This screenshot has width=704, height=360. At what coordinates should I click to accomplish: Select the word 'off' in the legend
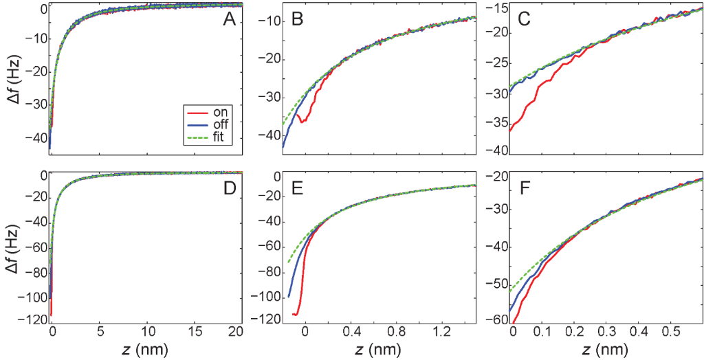pos(221,124)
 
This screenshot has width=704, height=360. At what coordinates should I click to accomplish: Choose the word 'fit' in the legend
pos(219,137)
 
